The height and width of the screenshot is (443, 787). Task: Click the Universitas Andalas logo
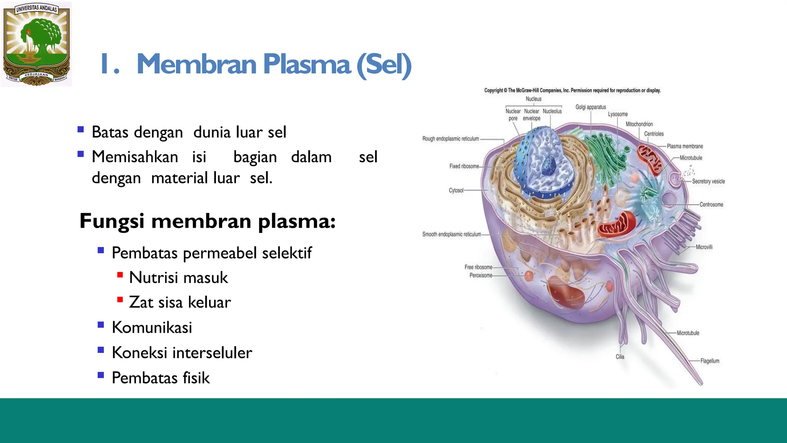pyautogui.click(x=37, y=44)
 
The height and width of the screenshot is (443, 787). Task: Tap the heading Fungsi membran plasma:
pyautogui.click(x=208, y=221)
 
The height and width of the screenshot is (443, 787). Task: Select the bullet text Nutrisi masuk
pyautogui.click(x=178, y=278)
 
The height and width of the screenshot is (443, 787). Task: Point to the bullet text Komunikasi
pyautogui.click(x=152, y=328)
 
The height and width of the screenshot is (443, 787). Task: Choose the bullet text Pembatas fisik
pyautogui.click(x=161, y=378)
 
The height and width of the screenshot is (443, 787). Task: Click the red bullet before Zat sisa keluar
pyautogui.click(x=120, y=300)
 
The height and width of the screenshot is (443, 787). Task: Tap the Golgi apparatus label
pyautogui.click(x=591, y=107)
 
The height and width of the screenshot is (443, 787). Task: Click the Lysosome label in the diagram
pyautogui.click(x=618, y=114)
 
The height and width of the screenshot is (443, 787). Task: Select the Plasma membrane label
pyautogui.click(x=685, y=146)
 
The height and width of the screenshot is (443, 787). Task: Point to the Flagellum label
pyautogui.click(x=709, y=361)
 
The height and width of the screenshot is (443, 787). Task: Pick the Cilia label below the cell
pyautogui.click(x=620, y=357)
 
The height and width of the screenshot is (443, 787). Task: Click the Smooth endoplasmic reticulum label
pyautogui.click(x=452, y=234)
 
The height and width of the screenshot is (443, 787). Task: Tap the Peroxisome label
pyautogui.click(x=481, y=275)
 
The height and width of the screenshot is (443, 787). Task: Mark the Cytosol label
pyautogui.click(x=456, y=190)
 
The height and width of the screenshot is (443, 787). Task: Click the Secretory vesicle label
pyautogui.click(x=708, y=182)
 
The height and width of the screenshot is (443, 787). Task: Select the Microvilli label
pyautogui.click(x=704, y=247)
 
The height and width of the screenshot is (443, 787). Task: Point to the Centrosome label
pyautogui.click(x=711, y=205)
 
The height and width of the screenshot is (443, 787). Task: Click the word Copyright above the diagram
pyautogui.click(x=493, y=90)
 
